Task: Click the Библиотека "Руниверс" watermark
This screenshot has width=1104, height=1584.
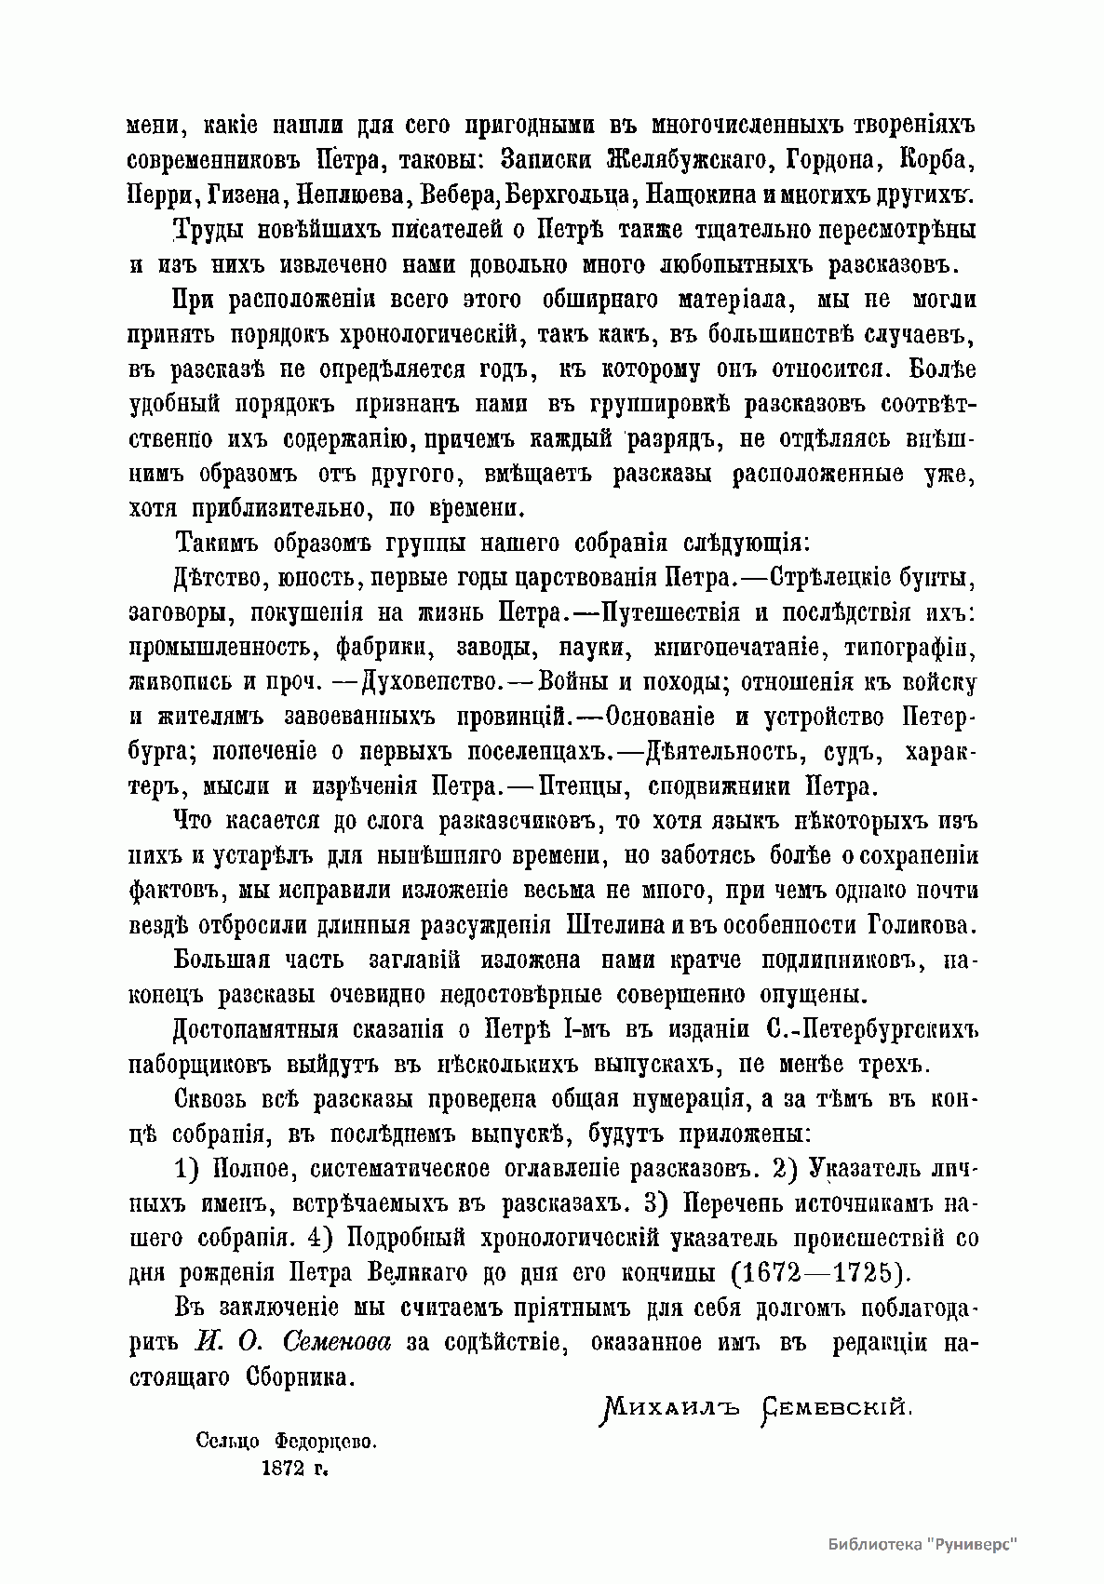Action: click(922, 1543)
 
